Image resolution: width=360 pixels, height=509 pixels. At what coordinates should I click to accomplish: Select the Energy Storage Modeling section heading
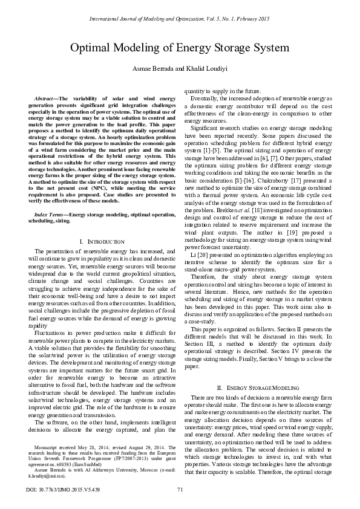261,386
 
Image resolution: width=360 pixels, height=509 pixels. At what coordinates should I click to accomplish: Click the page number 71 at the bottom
180,489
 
